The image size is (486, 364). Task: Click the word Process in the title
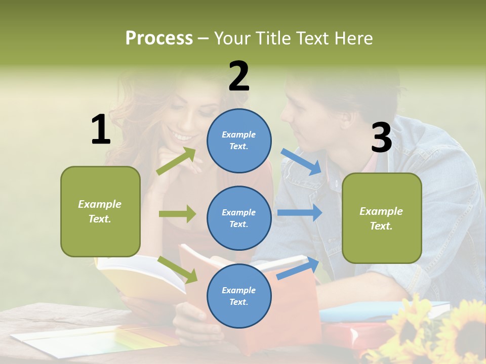159,38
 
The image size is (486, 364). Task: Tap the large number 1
100,129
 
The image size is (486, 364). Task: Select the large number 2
239,76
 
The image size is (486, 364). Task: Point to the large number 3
381,138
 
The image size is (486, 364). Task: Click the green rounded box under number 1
100,211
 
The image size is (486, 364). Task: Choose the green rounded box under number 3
382,218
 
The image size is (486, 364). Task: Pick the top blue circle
239,140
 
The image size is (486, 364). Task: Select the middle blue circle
239,218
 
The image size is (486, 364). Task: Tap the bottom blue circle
239,296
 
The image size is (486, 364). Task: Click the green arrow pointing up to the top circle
176,161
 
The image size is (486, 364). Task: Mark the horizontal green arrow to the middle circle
177,214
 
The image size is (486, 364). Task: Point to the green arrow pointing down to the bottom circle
178,269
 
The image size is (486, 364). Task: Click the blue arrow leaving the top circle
301,161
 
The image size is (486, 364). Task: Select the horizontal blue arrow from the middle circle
300,212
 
